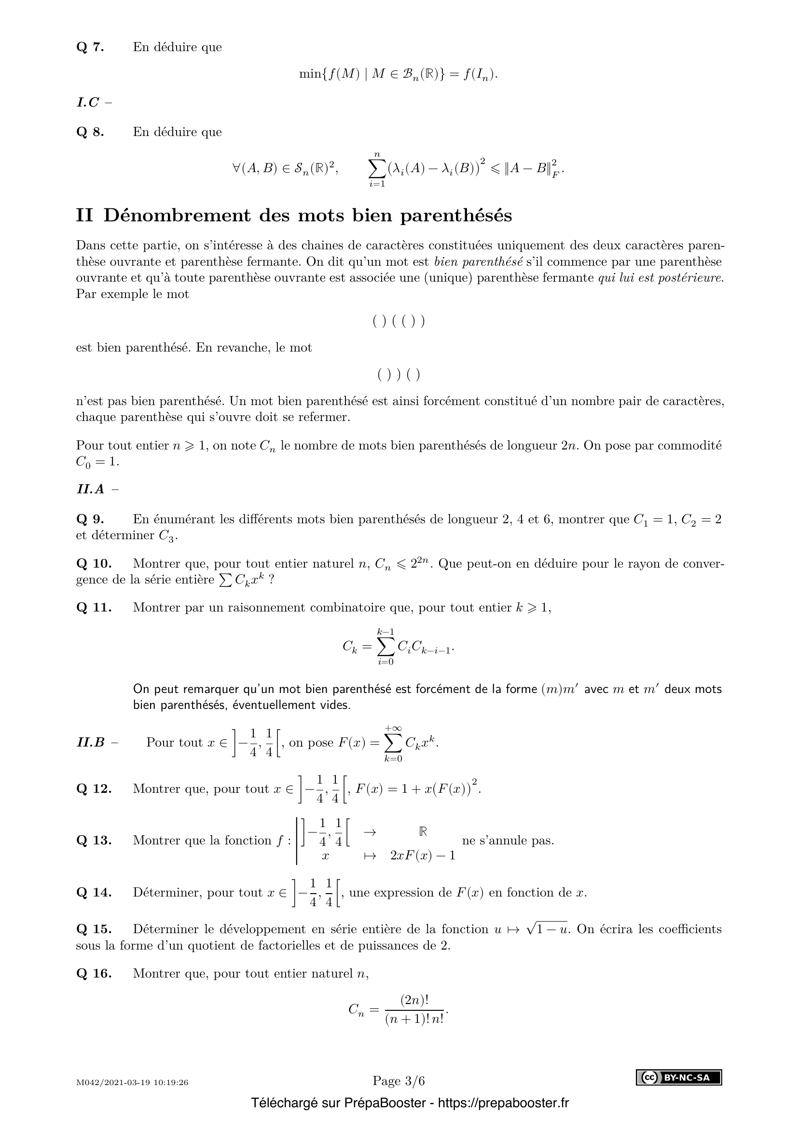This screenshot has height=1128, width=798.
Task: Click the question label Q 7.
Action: point(90,47)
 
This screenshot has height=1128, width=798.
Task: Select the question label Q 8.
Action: point(90,132)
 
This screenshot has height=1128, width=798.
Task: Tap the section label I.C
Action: point(88,102)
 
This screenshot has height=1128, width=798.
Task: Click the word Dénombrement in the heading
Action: point(177,216)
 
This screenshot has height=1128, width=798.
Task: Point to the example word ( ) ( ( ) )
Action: point(399,321)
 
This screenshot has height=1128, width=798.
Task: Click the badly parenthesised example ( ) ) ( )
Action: point(399,375)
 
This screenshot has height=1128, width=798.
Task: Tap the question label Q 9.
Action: point(90,519)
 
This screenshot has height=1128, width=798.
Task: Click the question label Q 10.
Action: point(94,563)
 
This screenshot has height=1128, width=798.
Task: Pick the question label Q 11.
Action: point(94,607)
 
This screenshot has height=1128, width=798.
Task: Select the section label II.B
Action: point(91,742)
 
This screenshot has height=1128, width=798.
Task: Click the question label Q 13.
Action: point(94,841)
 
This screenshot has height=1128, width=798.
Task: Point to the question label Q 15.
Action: point(94,929)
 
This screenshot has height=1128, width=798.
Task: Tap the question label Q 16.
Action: point(94,973)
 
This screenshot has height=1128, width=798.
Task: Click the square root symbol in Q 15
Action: point(530,928)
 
